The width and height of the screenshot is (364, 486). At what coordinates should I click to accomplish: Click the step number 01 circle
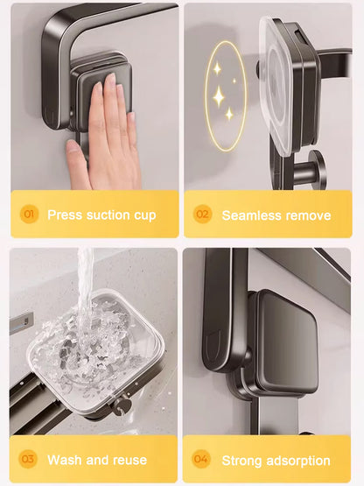28,215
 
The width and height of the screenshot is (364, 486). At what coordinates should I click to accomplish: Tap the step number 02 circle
202,215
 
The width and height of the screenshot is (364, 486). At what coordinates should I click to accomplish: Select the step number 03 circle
28,459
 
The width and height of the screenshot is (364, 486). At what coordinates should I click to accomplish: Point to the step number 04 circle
202,459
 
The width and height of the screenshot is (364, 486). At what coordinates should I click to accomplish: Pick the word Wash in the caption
64,460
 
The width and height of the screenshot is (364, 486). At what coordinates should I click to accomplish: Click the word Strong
242,460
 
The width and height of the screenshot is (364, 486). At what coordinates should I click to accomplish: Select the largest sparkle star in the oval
218,95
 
